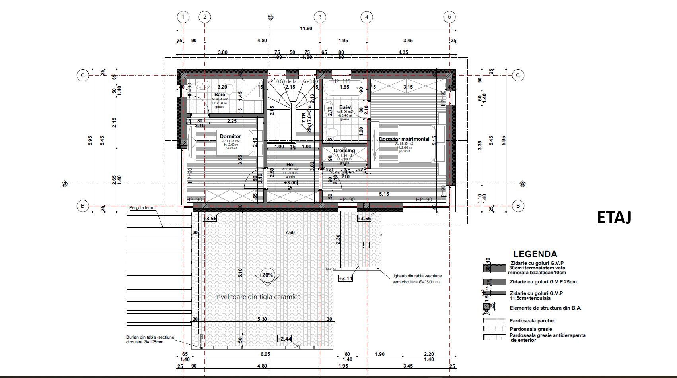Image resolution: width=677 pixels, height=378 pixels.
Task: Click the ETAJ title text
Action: tap(614, 218)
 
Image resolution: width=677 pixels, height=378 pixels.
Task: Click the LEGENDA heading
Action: tap(535, 254)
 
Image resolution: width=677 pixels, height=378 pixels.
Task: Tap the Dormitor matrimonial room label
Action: tap(404, 139)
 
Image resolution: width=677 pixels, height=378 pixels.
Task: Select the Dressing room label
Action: tap(344, 151)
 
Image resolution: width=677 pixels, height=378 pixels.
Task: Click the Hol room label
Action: tap(290, 165)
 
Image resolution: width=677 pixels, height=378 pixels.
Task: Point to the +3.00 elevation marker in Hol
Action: tap(290, 183)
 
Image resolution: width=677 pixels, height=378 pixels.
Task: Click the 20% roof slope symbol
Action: tap(267, 275)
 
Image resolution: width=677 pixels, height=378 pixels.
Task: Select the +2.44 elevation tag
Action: tap(284, 339)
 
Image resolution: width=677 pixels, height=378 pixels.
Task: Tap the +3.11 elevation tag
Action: tap(345, 278)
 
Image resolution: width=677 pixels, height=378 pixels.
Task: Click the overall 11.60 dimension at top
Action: tap(306, 29)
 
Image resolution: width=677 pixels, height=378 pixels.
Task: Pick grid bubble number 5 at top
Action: tap(449, 17)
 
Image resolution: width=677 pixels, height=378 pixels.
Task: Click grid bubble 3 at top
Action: tap(320, 17)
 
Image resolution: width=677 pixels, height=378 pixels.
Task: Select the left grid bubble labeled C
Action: tap(82, 75)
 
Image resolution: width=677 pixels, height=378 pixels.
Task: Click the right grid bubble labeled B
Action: tap(518, 206)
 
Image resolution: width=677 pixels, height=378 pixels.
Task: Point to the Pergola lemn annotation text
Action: tap(142, 208)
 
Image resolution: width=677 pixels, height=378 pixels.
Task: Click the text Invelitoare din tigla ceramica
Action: tap(258, 297)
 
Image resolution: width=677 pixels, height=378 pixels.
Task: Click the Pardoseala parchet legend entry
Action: tap(532, 320)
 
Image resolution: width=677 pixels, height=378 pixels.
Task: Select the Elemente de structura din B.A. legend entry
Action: tap(545, 308)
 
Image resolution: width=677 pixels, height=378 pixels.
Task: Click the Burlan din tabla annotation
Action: tap(150, 339)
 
